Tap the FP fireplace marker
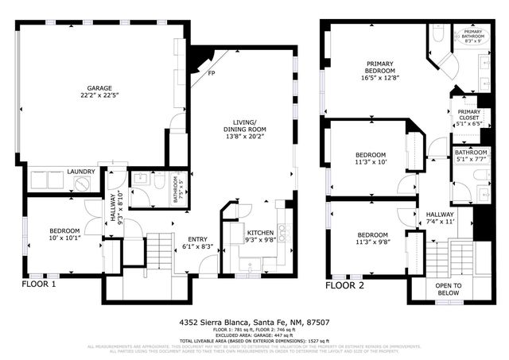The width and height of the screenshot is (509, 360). click(211, 75)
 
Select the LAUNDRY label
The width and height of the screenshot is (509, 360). click(82, 172)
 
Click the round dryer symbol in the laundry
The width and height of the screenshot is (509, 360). click(84, 184)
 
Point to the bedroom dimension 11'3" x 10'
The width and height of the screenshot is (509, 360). click(371, 163)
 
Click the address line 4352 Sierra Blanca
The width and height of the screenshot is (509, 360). click(254, 323)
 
